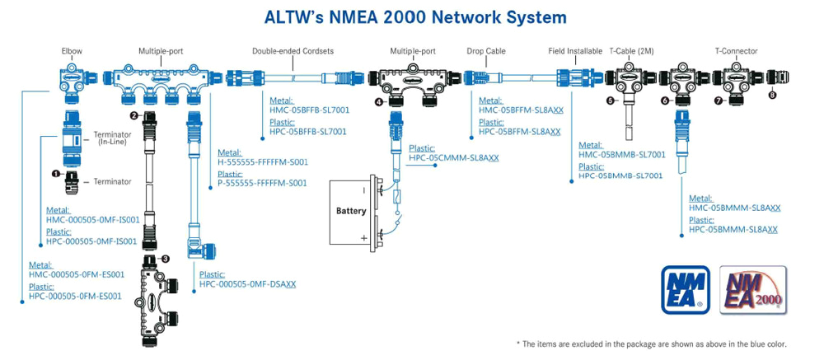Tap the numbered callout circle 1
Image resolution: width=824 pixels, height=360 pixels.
57,174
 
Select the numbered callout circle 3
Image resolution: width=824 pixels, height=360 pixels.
166,259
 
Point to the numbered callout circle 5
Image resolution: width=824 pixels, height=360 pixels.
611,101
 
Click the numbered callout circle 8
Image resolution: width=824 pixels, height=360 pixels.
772,95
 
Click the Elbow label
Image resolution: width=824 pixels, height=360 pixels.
72,51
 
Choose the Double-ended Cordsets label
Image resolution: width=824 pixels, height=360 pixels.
292,51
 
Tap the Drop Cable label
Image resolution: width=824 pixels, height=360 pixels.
485,51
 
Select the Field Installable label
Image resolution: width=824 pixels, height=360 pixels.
575,51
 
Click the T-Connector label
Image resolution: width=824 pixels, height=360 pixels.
736,51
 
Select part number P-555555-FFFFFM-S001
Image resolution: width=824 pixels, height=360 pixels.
262,183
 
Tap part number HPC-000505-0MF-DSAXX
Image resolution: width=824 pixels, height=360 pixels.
247,284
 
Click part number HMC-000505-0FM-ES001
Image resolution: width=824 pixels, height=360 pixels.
76,274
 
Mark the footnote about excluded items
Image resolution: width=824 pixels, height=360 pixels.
651,344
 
